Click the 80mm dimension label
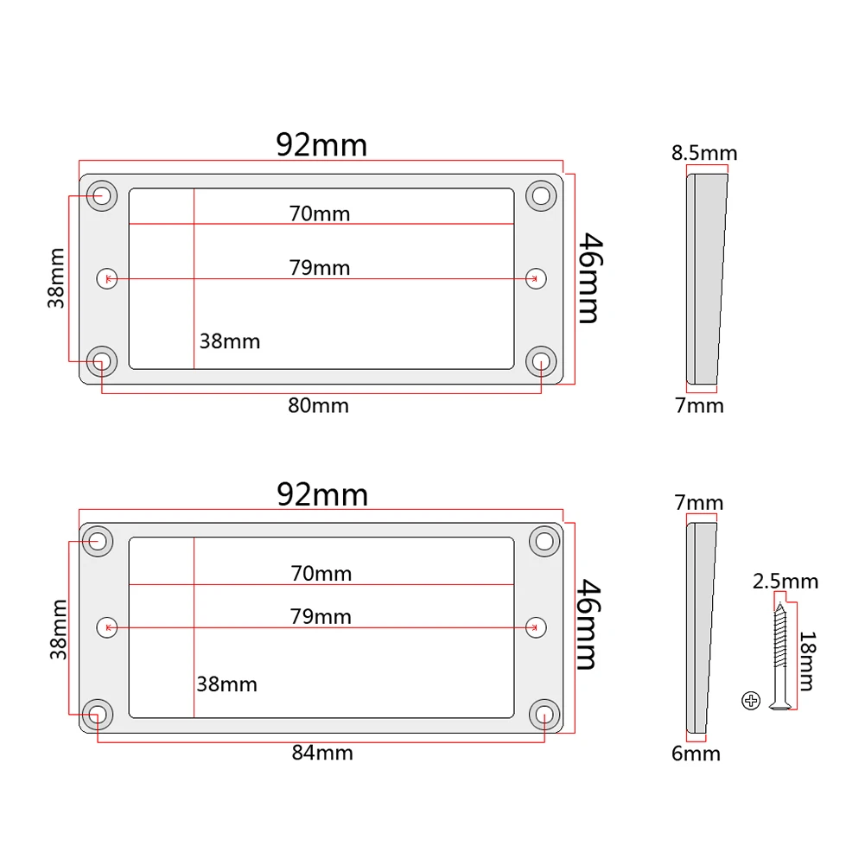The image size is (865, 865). (319, 405)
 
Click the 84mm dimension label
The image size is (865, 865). (322, 753)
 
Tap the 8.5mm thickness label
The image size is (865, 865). (704, 154)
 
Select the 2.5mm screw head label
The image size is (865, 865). (785, 582)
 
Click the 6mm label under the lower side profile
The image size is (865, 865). (696, 754)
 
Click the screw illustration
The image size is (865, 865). (780, 657)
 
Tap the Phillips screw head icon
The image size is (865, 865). (750, 701)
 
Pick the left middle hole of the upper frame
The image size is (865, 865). (105, 278)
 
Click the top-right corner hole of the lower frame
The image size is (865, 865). (544, 541)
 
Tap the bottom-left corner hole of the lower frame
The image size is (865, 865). (98, 715)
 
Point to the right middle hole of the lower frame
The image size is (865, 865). (537, 626)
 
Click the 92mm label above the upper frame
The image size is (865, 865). (321, 144)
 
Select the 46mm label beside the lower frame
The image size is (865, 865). (586, 624)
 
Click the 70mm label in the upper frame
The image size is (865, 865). (320, 213)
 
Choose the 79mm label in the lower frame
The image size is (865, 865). (321, 616)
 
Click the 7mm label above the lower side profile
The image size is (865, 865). (698, 503)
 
